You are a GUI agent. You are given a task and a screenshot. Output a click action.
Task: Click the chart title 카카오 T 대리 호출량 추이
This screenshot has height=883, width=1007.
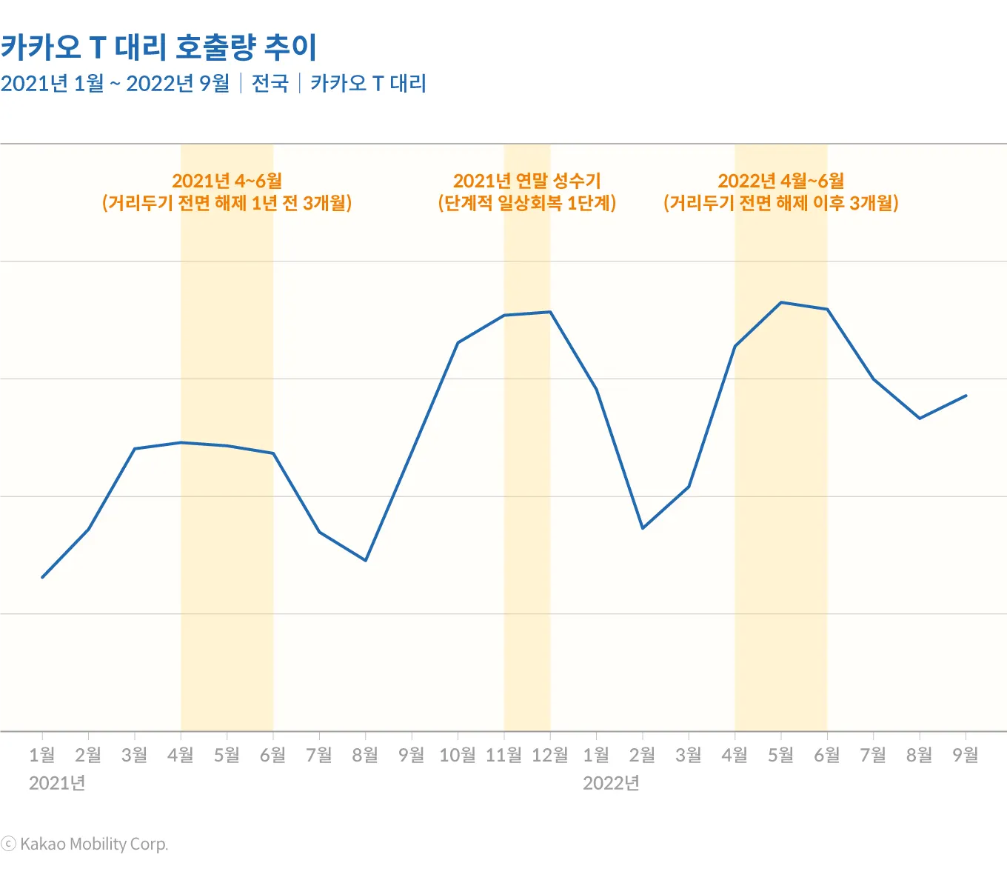(x=158, y=47)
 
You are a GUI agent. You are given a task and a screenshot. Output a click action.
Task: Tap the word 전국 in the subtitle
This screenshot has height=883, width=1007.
(x=270, y=83)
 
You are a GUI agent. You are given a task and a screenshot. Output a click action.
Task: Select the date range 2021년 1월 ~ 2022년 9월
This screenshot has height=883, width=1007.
(x=115, y=83)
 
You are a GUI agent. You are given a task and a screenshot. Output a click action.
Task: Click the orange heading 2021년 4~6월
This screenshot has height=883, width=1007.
(x=227, y=181)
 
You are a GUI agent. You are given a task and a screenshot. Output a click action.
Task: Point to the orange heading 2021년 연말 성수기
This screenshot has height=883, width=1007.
(x=526, y=181)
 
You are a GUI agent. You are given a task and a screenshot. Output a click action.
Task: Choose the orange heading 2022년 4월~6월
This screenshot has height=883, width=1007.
(x=780, y=181)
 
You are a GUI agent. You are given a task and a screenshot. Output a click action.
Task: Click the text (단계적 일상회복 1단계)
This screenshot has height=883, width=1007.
(x=526, y=203)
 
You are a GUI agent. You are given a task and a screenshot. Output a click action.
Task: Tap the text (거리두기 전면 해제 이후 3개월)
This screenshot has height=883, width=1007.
(x=780, y=203)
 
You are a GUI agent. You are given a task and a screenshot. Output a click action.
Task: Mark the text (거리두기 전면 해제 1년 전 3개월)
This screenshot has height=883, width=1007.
(x=227, y=203)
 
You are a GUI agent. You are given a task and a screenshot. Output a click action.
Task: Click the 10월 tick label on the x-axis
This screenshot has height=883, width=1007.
(x=458, y=755)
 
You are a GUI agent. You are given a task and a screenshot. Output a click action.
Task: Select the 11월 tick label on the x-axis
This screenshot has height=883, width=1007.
(x=503, y=755)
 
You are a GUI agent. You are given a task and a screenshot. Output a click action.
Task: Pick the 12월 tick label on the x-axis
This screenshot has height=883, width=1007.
(x=550, y=755)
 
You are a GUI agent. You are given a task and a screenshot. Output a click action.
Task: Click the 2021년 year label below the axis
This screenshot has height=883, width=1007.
(x=57, y=783)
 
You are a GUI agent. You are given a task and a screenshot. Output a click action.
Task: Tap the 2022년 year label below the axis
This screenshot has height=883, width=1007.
(x=611, y=783)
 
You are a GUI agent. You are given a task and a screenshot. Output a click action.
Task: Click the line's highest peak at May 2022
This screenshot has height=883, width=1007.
(x=781, y=302)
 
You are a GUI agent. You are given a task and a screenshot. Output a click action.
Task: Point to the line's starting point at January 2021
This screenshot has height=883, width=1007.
(x=42, y=577)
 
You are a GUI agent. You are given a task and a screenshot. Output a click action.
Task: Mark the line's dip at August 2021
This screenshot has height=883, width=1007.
(x=366, y=560)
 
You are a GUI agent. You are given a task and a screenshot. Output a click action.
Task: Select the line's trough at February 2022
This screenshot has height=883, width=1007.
(x=643, y=528)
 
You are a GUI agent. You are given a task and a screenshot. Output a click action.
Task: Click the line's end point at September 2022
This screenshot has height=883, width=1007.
(x=966, y=396)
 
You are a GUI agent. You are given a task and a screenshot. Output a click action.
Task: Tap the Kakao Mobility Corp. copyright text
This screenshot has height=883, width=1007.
(x=84, y=844)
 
